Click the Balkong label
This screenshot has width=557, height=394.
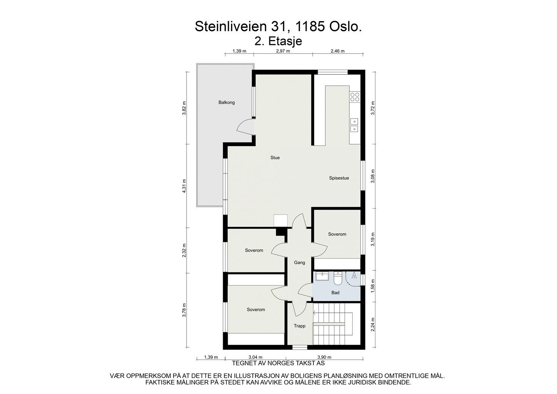pyautogui.click(x=226, y=102)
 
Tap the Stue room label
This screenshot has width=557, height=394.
pyautogui.click(x=275, y=157)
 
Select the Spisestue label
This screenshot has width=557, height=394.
pyautogui.click(x=339, y=178)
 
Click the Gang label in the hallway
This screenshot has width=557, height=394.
pyautogui.click(x=299, y=262)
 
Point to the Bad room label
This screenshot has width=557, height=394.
pyautogui.click(x=335, y=293)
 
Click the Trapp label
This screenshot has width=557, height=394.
pyautogui.click(x=299, y=326)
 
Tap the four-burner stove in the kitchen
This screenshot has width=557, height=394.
pyautogui.click(x=355, y=97)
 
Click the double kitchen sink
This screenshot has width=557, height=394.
pyautogui.click(x=354, y=125)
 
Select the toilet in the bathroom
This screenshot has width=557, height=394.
pyautogui.click(x=337, y=278)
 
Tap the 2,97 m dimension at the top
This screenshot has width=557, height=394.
pyautogui.click(x=283, y=51)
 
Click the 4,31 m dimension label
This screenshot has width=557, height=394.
pyautogui.click(x=184, y=186)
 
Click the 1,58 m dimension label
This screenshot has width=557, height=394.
pyautogui.click(x=372, y=286)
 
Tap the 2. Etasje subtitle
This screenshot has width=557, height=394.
pyautogui.click(x=278, y=41)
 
